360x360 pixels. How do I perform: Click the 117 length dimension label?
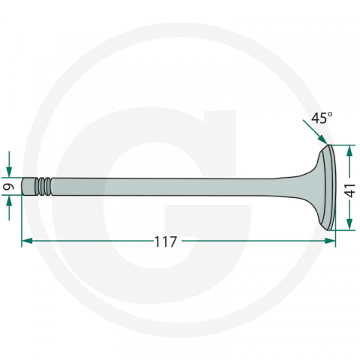click(x=165, y=241)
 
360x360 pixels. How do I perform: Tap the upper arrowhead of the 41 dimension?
click(x=349, y=151)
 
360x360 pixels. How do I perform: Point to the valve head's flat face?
click(x=328, y=187)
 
